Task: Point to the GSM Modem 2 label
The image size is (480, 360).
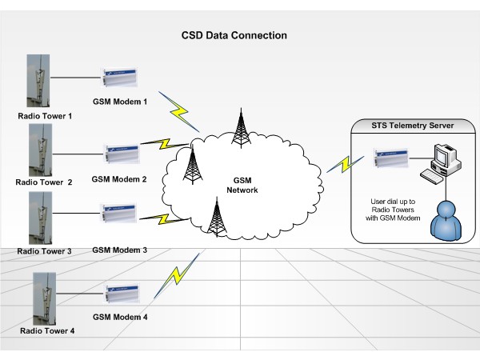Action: [119, 179]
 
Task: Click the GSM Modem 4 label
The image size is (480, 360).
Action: [121, 317]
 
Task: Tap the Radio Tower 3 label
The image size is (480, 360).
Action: [44, 251]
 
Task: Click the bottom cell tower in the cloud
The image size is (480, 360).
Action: [215, 216]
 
